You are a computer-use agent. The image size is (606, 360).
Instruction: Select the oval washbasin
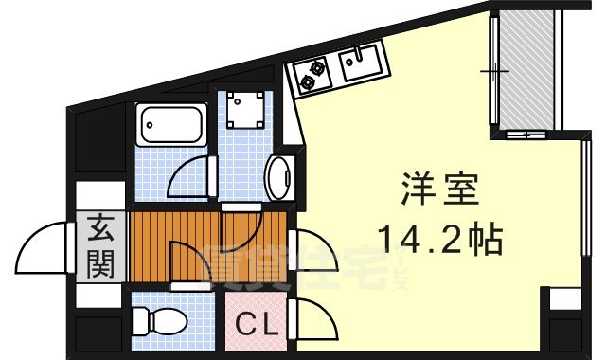click(x=278, y=177)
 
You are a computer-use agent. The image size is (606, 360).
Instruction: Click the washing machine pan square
click(x=245, y=116)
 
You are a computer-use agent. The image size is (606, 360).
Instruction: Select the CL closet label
click(x=257, y=325)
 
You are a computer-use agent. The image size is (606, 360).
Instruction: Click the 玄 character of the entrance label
click(x=101, y=228)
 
